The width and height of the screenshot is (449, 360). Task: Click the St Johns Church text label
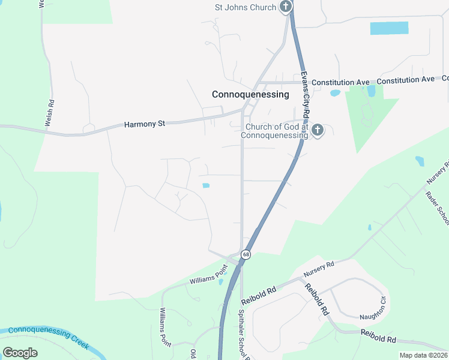pyautogui.click(x=246, y=7)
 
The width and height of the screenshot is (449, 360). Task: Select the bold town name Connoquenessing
pyautogui.click(x=250, y=94)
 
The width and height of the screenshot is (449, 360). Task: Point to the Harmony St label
pyautogui.click(x=144, y=124)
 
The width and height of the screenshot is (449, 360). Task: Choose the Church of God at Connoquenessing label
pyautogui.click(x=274, y=131)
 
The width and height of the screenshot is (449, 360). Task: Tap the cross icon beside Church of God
pyautogui.click(x=318, y=130)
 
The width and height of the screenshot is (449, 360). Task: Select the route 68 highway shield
pyautogui.click(x=246, y=255)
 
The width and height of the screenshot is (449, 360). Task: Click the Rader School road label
pyautogui.click(x=437, y=208)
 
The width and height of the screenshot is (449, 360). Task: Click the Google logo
pyautogui.click(x=20, y=352)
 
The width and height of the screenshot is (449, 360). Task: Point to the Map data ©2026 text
pyautogui.click(x=423, y=355)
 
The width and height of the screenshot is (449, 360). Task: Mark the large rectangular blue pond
pyautogui.click(x=389, y=28)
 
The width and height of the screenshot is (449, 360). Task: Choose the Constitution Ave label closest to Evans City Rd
pyautogui.click(x=341, y=82)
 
